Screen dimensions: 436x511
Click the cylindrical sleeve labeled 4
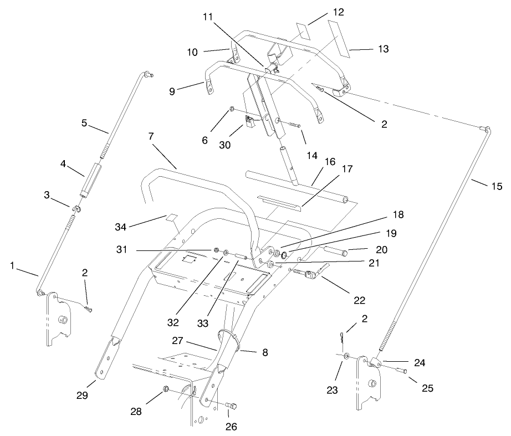[91, 179]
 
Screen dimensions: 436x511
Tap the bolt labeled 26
[232, 407]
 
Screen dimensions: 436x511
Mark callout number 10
[192, 52]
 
